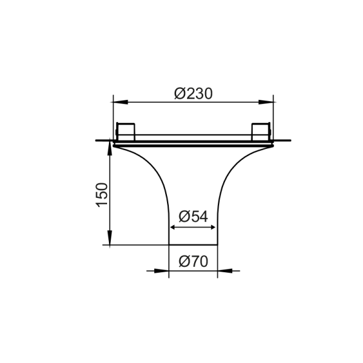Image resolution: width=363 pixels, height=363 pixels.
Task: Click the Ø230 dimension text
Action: click(194, 93)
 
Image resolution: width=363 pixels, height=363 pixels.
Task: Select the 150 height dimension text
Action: click(102, 194)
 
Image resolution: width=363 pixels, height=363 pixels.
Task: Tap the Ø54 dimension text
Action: click(194, 216)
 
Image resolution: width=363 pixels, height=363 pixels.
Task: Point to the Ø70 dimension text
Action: click(194, 262)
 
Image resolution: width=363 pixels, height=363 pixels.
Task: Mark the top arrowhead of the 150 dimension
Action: click(110, 147)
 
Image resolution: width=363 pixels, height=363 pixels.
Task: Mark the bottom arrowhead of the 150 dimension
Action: click(110, 240)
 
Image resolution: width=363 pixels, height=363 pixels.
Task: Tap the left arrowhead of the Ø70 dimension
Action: click(162, 271)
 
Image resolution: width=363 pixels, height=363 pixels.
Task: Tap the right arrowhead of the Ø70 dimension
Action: click(223, 271)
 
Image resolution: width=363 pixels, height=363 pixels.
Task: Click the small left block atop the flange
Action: click(126, 131)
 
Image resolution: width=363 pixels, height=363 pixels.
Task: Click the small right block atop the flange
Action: click(260, 131)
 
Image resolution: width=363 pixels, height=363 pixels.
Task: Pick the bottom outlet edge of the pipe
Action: click(192, 245)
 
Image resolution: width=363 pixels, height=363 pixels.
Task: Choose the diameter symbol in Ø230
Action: click(180, 93)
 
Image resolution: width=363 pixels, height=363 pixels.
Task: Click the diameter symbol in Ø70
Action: click(184, 262)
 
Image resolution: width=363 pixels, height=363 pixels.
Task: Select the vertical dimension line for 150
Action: click(110, 194)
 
